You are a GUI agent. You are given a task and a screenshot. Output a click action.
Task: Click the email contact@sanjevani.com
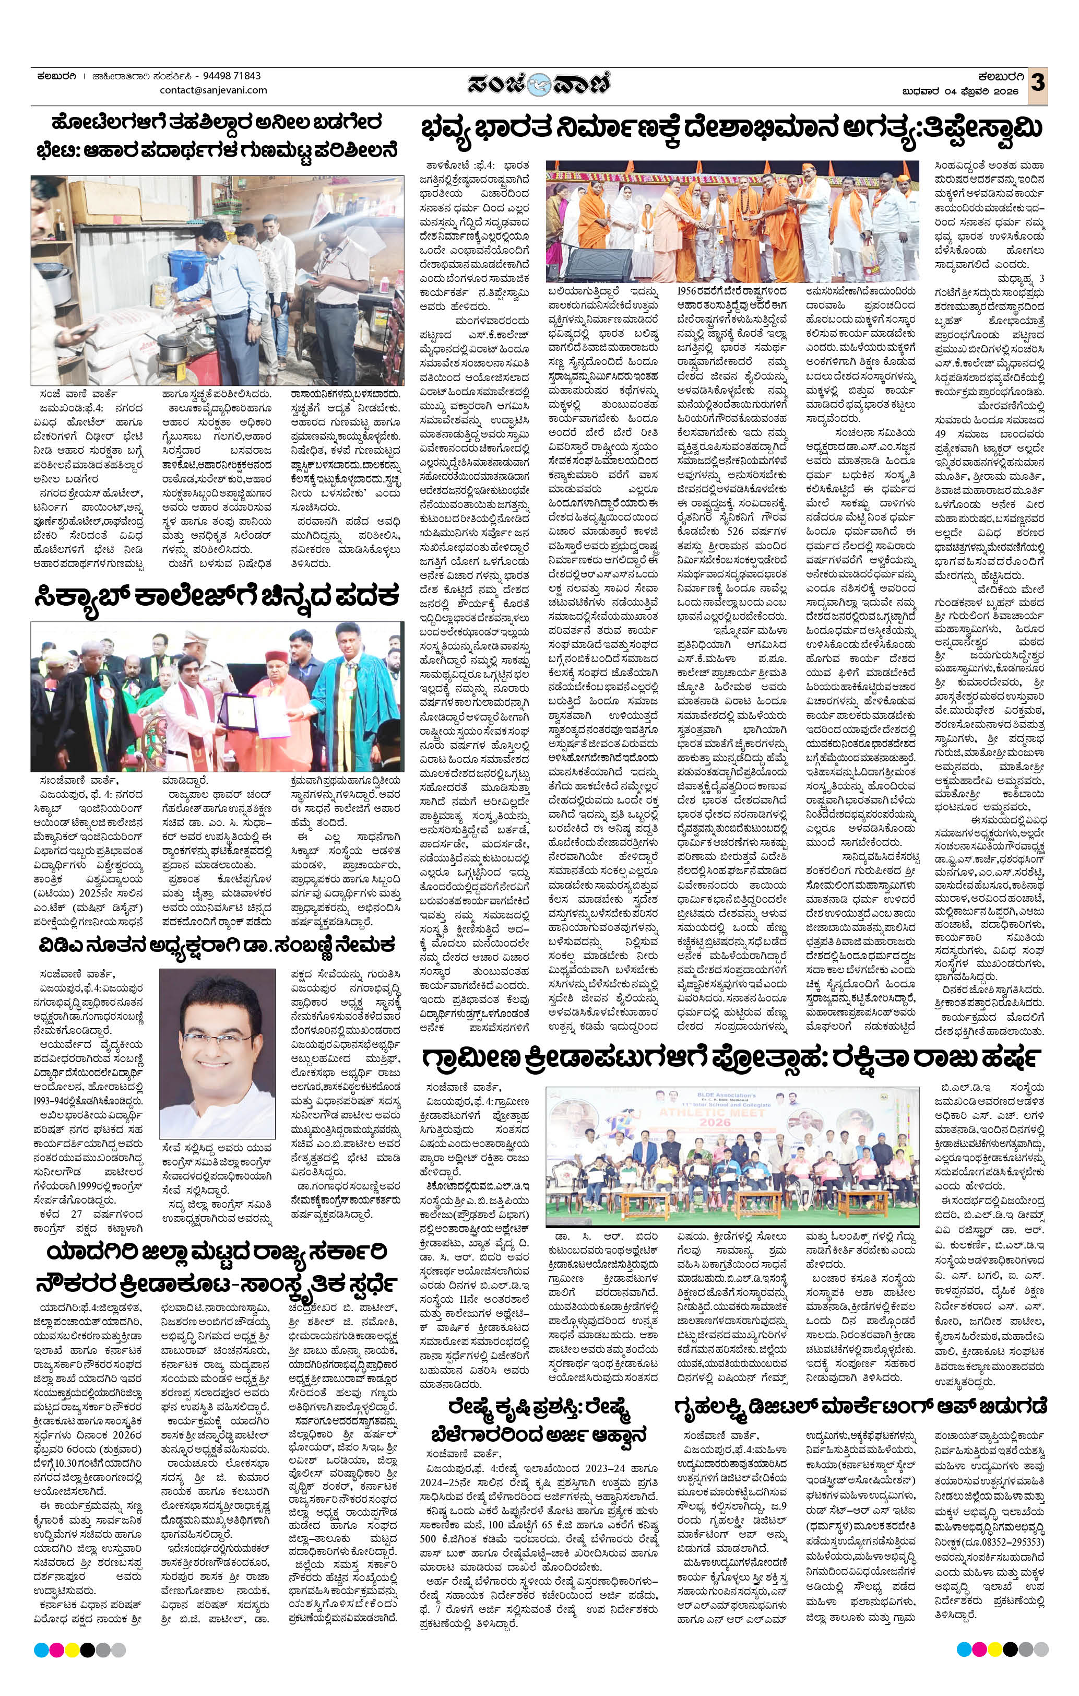pyautogui.click(x=214, y=90)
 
